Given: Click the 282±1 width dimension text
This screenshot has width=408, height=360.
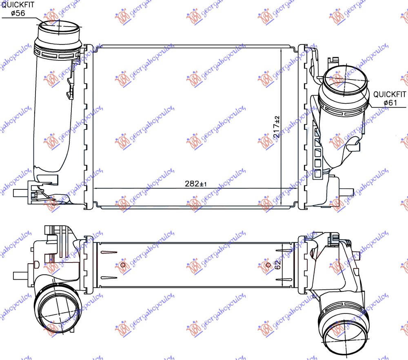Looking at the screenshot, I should click(197, 184).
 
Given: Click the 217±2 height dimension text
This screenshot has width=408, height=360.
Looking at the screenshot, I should click(277, 126).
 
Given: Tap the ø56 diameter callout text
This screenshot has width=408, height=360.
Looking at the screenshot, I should click(18, 13).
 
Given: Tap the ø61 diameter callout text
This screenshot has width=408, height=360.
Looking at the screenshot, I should click(390, 103).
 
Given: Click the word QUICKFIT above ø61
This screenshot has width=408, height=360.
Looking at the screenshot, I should click(390, 94).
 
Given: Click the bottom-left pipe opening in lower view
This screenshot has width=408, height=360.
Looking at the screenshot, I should click(55, 309).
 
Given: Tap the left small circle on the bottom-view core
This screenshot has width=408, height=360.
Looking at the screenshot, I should click(122, 265).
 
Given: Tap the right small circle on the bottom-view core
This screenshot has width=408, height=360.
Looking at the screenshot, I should click(268, 265).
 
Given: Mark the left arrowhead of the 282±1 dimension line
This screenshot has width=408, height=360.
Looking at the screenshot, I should click(96, 188).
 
